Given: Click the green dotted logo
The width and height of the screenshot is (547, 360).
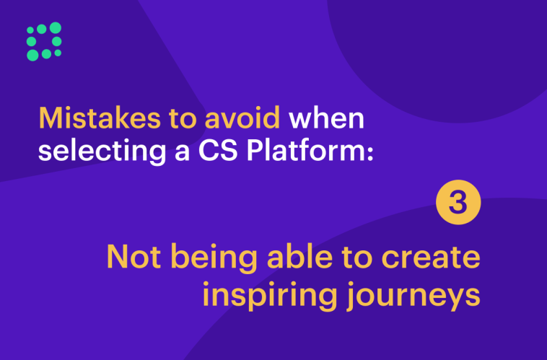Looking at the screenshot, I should (x=43, y=41).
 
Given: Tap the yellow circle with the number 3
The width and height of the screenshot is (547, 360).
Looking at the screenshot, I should (x=458, y=203).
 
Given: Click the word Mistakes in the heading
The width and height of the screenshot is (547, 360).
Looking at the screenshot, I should (x=90, y=118).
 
